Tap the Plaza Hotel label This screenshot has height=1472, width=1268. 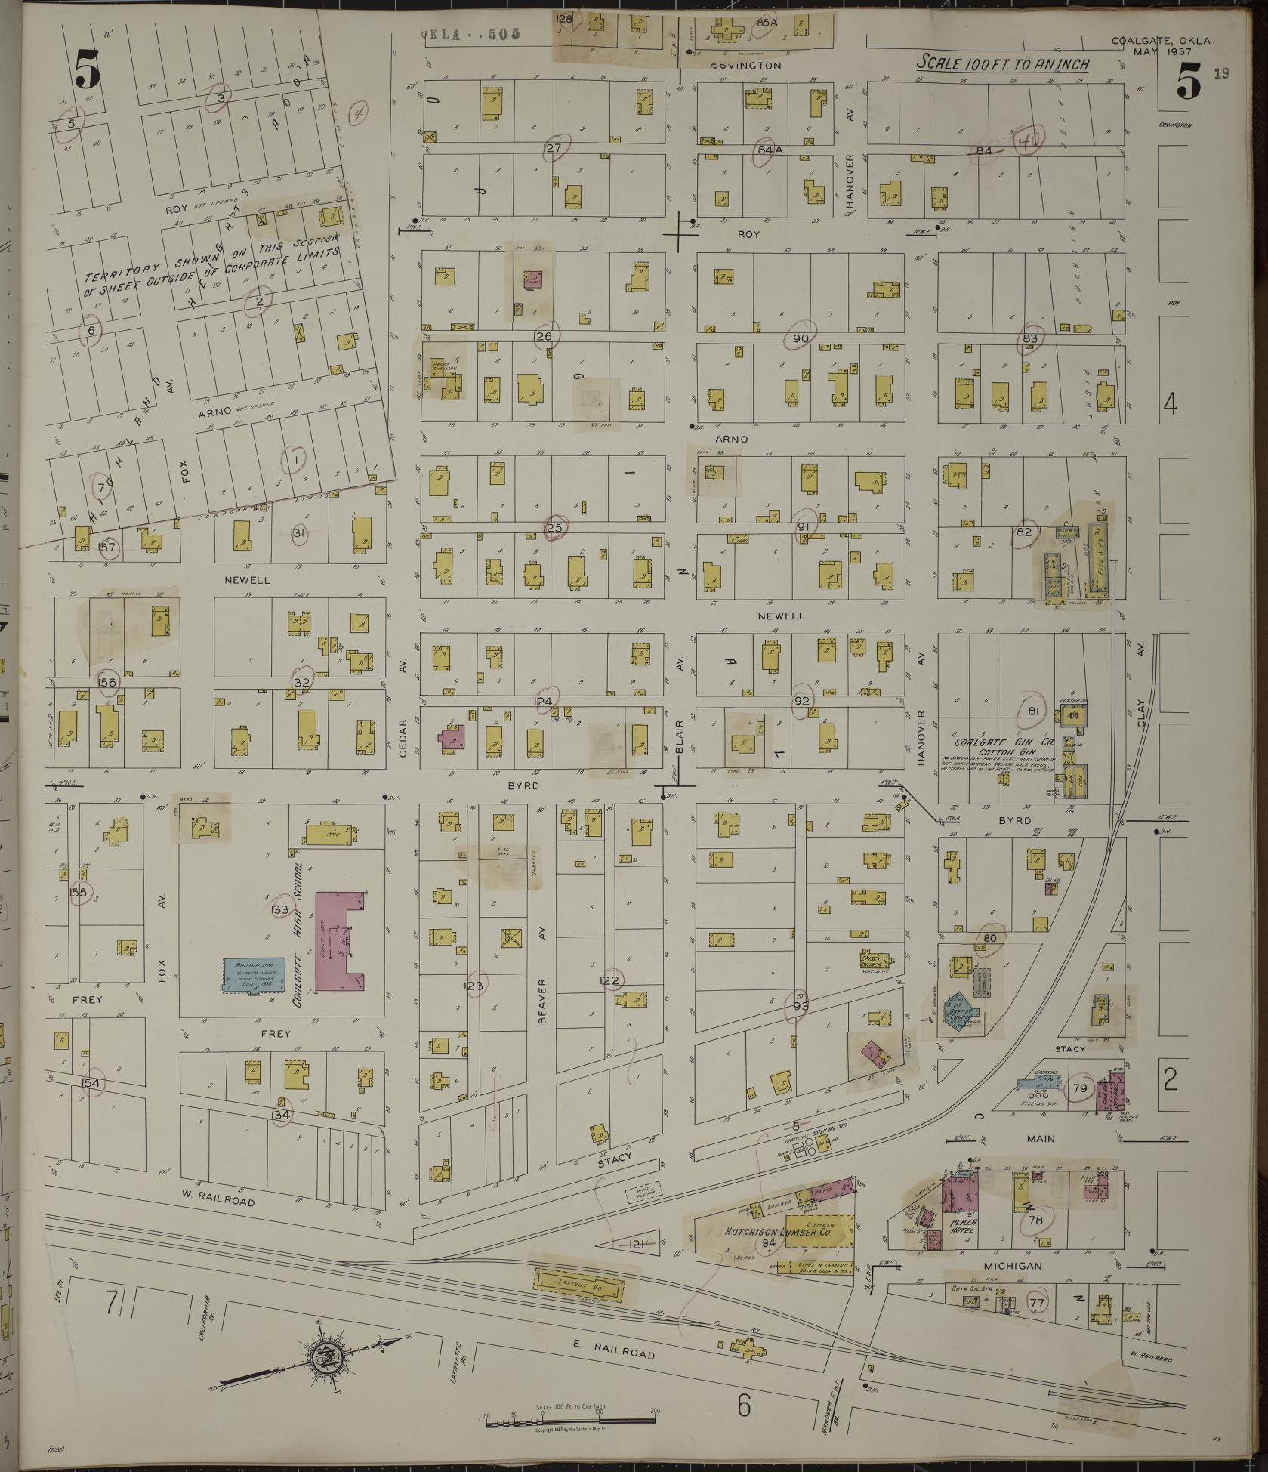[964, 1226]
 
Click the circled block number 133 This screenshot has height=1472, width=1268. [280, 909]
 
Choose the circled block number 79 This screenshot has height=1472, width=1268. [1079, 1088]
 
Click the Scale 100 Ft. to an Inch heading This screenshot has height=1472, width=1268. [1003, 64]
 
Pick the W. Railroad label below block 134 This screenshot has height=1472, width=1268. [218, 1201]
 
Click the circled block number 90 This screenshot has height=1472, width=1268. [801, 338]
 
